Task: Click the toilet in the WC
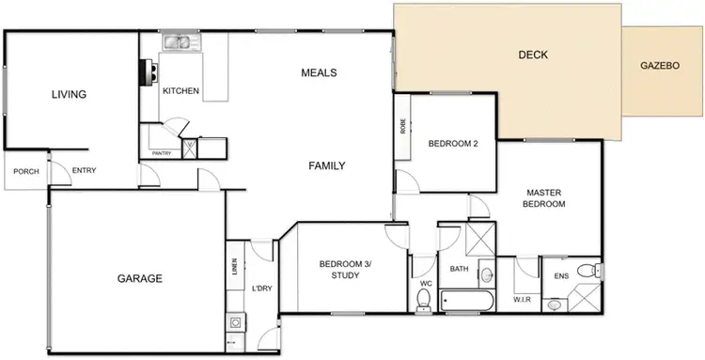tap(424, 299)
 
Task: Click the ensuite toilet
tap(587, 273)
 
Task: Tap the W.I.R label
tap(523, 300)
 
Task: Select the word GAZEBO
tap(660, 67)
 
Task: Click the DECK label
tap(533, 55)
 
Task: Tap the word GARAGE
tap(140, 278)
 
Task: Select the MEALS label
tap(319, 72)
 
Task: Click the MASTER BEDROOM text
tap(545, 197)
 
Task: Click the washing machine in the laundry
tap(233, 322)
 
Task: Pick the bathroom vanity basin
tap(485, 276)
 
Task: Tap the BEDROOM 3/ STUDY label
tap(345, 270)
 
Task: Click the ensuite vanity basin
tap(556, 304)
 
